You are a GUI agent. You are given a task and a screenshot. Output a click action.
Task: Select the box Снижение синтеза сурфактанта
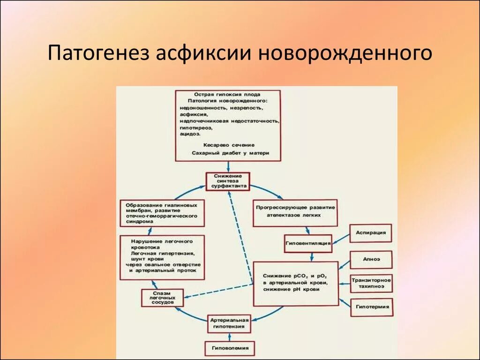[x=227, y=181]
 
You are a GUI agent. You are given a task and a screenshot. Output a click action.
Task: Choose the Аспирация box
[x=370, y=233]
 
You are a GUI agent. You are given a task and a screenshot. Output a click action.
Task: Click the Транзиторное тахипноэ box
[x=371, y=284]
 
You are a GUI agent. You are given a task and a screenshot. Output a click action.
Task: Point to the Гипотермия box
[x=371, y=307]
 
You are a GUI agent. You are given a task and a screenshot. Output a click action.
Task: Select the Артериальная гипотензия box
[x=229, y=324]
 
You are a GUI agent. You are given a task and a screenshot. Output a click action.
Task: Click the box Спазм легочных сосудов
[x=162, y=298]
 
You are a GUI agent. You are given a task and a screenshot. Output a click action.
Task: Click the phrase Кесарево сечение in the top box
[x=228, y=145]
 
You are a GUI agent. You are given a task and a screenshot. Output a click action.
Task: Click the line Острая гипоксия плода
[x=228, y=94]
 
